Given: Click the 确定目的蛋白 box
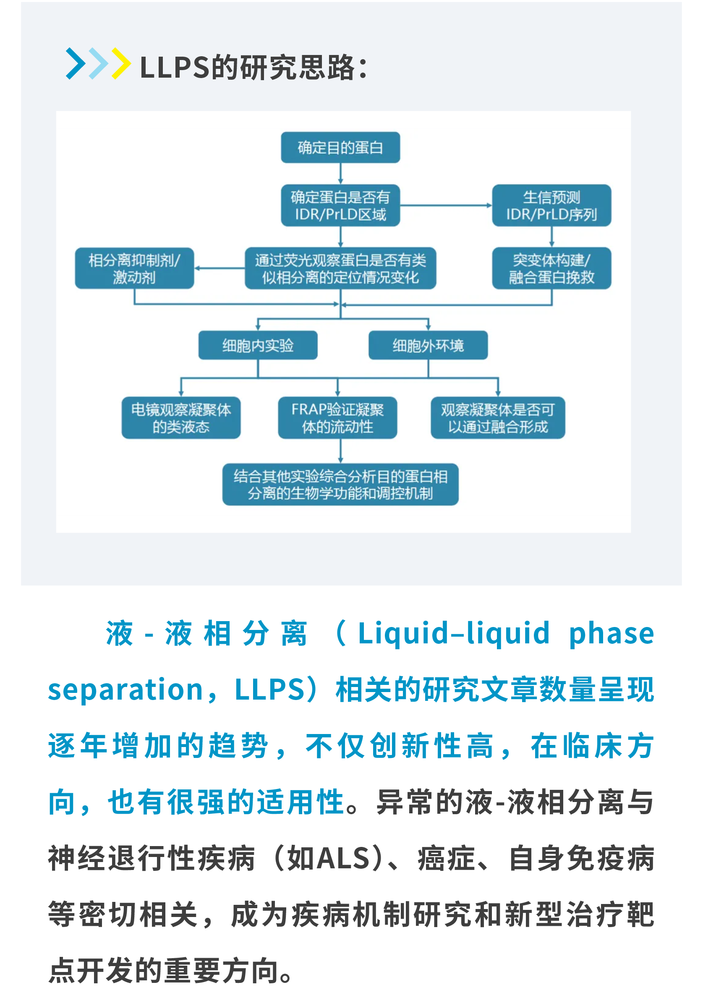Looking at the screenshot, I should click(340, 148).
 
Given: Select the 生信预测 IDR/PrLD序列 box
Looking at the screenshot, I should click(551, 206).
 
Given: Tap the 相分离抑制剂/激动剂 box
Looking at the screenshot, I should click(134, 268).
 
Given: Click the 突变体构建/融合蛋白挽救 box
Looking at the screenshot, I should click(551, 268).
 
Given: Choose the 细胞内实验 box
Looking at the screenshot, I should click(258, 345).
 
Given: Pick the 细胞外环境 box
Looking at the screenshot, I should click(428, 345).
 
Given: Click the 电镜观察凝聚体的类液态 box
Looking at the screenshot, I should click(181, 418).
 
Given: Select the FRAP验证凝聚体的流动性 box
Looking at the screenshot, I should click(337, 418).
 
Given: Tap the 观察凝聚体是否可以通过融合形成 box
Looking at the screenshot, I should click(497, 418).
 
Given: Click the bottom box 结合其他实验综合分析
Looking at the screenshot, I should click(340, 485).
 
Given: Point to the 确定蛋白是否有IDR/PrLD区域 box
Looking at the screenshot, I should click(340, 206).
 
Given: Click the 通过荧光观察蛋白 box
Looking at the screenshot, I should click(340, 268).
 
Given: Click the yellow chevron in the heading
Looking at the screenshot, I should click(121, 63).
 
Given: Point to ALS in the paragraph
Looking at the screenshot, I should click(343, 859).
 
